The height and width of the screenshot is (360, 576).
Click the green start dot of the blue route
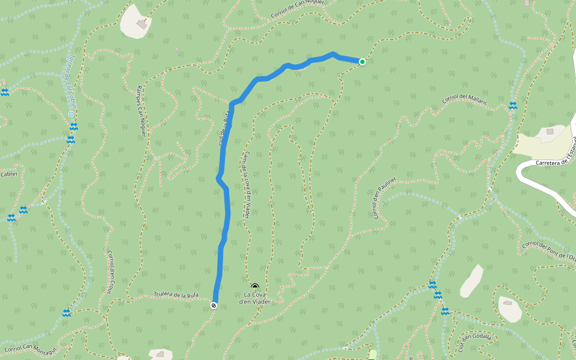pyautogui.click(x=362, y=61)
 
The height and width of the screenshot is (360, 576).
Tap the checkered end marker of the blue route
pyautogui.click(x=214, y=306)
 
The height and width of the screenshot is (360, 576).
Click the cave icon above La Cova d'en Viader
pyautogui.click(x=255, y=287)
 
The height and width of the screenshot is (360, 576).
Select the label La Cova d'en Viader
pyautogui.click(x=255, y=298)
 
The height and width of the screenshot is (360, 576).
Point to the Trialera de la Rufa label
pyautogui.click(x=176, y=294)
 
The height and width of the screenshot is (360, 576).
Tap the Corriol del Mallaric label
pyautogui.click(x=465, y=100)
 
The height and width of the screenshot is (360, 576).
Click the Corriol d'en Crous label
pyautogui.click(x=110, y=272)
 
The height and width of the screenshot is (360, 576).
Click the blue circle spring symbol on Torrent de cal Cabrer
pyautogui.click(x=71, y=113)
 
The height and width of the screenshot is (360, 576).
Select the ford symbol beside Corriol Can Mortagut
pyautogui.click(x=67, y=313)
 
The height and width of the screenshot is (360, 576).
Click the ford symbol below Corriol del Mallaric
pyautogui.click(x=513, y=106)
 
